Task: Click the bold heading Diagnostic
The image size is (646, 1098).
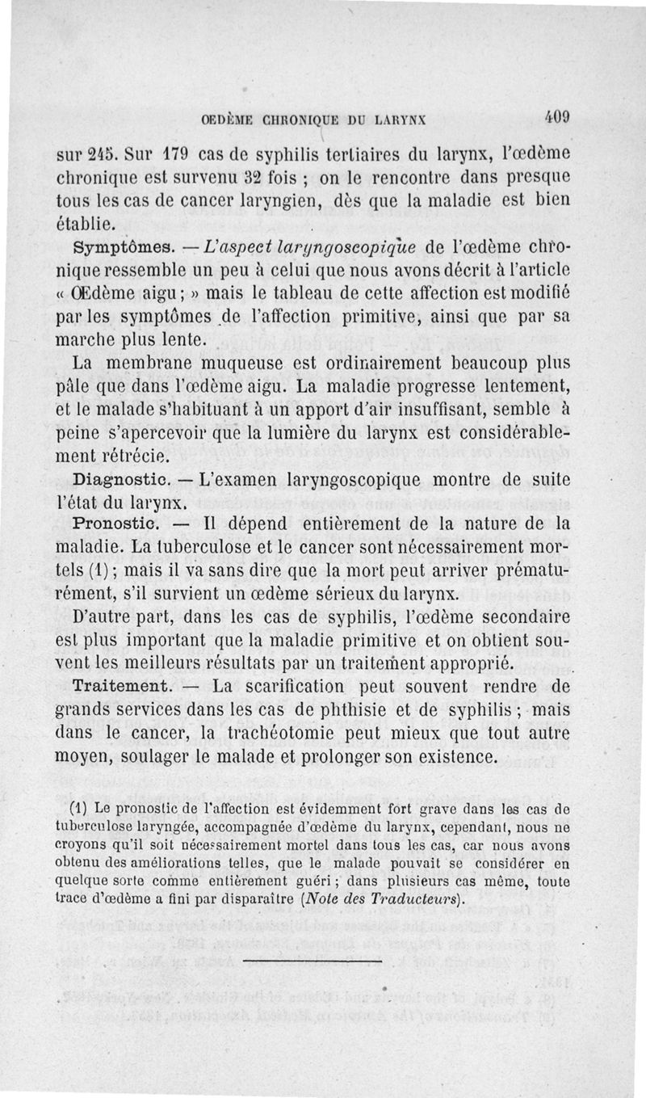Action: [x=121, y=479]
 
